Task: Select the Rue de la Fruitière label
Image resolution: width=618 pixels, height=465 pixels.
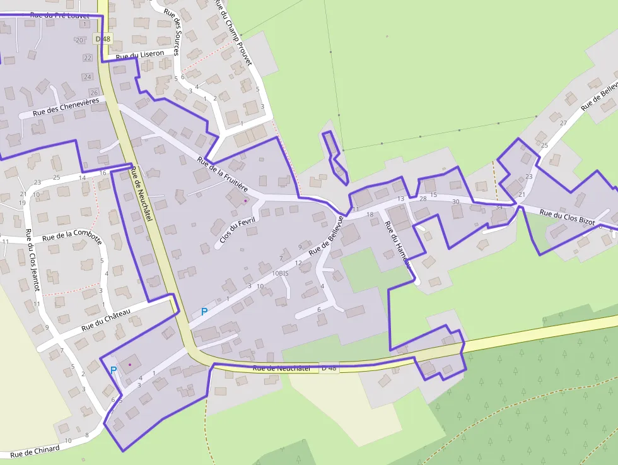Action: pos(223,174)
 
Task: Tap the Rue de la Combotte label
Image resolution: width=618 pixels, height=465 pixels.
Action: pos(71,237)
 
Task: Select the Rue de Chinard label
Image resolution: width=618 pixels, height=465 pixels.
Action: pos(35,451)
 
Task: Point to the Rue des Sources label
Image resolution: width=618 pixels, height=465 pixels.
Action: pos(172,32)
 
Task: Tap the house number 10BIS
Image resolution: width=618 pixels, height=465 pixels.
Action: pos(280,273)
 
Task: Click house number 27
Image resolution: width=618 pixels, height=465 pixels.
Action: pos(563,123)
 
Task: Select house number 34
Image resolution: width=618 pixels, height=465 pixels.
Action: pos(499,207)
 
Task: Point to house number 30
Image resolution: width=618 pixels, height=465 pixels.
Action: pos(456,201)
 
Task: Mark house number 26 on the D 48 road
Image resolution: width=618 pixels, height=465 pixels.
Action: pos(94,93)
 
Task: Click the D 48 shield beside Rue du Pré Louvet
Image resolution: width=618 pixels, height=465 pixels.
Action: pos(103,38)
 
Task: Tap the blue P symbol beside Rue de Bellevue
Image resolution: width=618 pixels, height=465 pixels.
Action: pos(204,312)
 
